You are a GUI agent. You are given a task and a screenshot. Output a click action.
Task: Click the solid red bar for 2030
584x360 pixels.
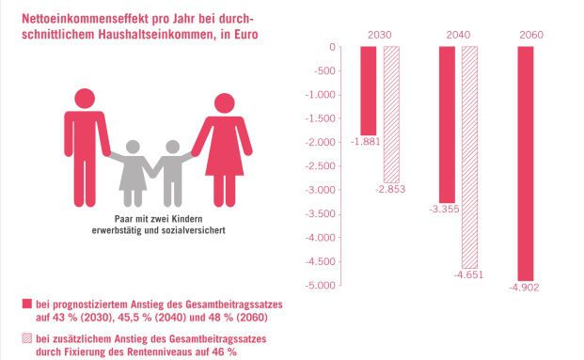(368, 90)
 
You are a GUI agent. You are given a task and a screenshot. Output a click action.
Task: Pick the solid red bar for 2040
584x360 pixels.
(447, 126)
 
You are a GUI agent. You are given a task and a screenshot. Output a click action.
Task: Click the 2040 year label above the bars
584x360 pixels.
(458, 36)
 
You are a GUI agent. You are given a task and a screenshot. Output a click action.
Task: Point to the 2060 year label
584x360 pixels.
(530, 36)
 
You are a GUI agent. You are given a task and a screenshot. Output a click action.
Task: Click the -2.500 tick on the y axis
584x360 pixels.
(322, 166)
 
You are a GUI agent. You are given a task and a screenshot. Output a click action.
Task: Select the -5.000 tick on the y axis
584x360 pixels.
(322, 285)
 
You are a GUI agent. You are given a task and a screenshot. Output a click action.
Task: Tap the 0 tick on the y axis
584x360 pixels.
(332, 47)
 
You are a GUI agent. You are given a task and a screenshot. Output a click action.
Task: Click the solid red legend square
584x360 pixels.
(25, 305)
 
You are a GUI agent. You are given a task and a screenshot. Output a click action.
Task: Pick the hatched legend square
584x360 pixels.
(25, 339)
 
